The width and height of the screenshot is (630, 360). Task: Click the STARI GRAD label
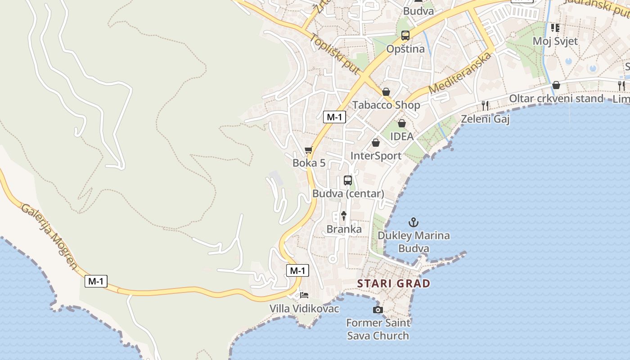tap(394, 283)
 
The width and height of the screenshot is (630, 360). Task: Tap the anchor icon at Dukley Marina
tap(413, 222)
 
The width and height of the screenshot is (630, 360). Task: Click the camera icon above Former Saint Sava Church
tap(378, 310)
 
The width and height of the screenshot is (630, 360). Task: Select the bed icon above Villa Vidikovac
tap(304, 295)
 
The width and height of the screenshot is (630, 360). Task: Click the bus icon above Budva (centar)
tap(348, 180)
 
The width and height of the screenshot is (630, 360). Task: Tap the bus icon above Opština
tap(405, 36)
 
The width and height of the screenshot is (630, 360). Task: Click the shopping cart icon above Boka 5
tap(309, 150)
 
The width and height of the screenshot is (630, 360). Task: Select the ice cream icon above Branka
tap(344, 216)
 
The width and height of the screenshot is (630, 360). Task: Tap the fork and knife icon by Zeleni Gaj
tap(485, 106)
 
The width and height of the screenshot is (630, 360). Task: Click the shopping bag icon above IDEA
tap(402, 123)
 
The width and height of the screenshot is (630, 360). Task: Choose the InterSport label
tap(376, 156)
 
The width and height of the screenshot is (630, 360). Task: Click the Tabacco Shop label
tap(386, 105)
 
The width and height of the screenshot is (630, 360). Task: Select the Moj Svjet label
tap(555, 41)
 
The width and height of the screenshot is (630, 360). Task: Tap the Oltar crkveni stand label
tap(556, 99)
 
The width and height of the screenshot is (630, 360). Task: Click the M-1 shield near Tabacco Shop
tap(334, 117)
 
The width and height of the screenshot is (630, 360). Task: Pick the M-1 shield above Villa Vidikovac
tap(297, 270)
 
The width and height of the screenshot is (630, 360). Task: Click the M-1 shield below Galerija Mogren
tap(96, 281)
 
